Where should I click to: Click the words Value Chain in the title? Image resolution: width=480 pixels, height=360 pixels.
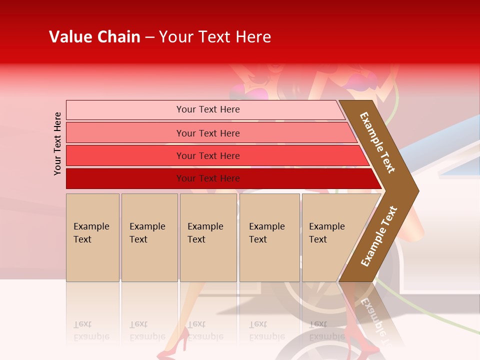94,37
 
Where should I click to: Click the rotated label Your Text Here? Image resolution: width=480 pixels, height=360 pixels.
57,143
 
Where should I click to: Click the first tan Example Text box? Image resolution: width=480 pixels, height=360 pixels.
92,237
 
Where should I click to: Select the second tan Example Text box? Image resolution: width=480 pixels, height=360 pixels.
149,237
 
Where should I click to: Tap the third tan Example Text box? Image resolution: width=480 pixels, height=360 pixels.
208,237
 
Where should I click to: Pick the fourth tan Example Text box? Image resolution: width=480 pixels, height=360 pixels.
269,237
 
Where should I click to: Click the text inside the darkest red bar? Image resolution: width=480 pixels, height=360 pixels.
208,178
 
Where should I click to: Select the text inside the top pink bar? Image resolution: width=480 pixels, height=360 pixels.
208,109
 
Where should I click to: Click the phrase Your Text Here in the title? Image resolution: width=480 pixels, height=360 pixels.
215,37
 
